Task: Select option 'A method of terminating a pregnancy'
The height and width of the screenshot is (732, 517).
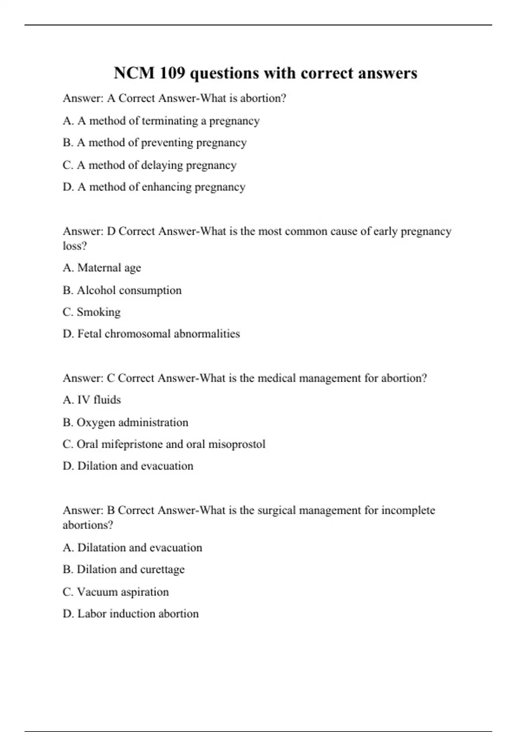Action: tap(168, 121)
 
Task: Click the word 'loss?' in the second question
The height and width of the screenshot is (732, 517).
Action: tap(75, 246)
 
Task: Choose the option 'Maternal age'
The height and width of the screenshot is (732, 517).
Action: tap(109, 268)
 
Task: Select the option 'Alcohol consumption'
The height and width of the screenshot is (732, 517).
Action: tap(129, 290)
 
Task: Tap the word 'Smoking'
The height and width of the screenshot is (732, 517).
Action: tap(98, 312)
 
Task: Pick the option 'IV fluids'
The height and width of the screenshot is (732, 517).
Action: tap(99, 400)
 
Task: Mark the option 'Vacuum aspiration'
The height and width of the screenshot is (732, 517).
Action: tap(122, 592)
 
